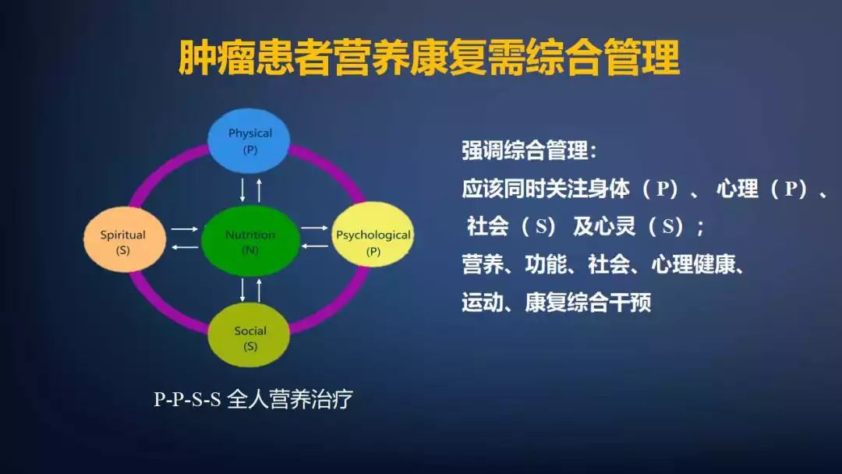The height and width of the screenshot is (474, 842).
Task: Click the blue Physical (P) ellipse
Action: [x=249, y=140]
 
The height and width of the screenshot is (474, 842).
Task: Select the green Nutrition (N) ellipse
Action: [x=250, y=241]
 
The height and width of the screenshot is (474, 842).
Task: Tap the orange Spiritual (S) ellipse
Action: [x=123, y=241]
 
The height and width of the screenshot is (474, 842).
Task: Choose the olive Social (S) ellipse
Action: [x=249, y=337]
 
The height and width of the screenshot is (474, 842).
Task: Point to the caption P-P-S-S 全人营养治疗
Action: [x=253, y=400]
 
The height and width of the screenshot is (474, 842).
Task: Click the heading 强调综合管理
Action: [x=528, y=150]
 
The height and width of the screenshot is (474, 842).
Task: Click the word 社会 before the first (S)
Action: [x=488, y=227]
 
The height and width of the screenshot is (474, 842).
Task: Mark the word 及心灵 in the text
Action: [x=605, y=227]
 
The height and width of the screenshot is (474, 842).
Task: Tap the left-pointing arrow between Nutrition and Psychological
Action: [x=315, y=246]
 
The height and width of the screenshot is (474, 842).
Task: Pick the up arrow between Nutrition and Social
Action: [x=259, y=290]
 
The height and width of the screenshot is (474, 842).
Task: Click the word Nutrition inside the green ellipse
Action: [x=250, y=235]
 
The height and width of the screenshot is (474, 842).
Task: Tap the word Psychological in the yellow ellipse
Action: [x=373, y=235]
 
